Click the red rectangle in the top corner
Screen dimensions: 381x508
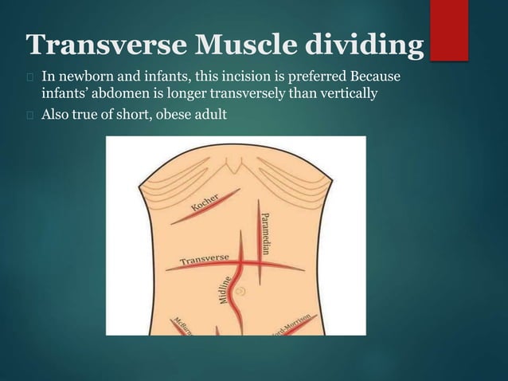point(449,29)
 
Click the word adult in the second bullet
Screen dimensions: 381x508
point(210,114)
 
